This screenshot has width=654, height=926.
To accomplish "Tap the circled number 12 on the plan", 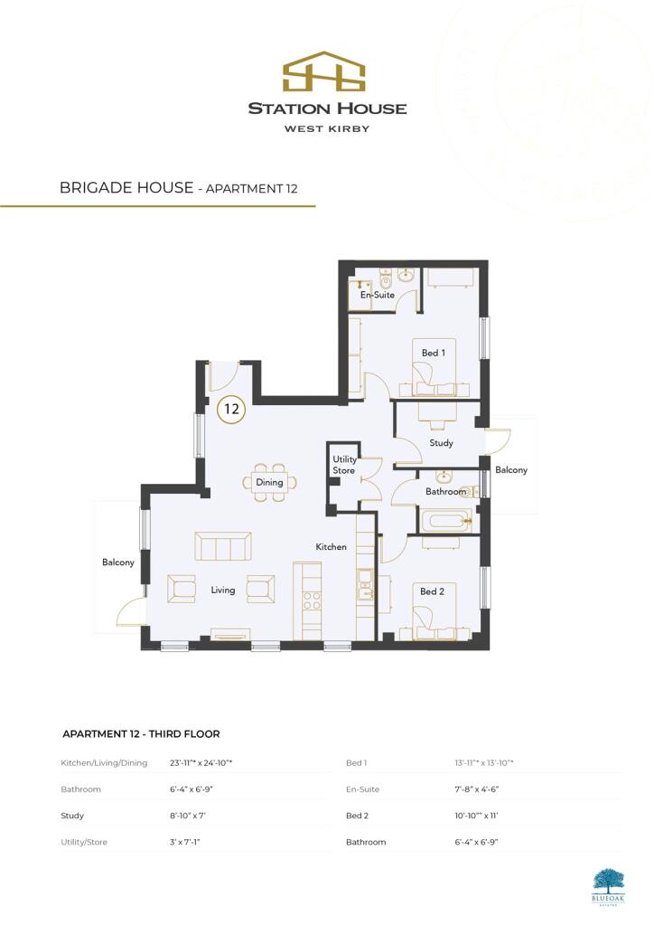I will (232, 409).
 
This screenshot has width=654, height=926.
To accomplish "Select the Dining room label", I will (269, 482).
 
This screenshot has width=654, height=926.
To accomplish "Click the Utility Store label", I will (345, 465).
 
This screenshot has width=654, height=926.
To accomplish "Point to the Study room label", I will (441, 443).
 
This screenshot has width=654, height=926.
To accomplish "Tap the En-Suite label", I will (378, 295).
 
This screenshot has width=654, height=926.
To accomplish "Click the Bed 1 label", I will (433, 353).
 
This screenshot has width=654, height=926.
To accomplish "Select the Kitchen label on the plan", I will (331, 547).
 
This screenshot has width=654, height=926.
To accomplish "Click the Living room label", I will (223, 591).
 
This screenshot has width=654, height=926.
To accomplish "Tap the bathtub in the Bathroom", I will (443, 521).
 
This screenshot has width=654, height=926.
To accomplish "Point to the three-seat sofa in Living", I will (223, 546).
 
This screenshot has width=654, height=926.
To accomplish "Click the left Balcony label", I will (118, 562).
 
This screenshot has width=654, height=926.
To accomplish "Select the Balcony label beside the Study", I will (510, 470).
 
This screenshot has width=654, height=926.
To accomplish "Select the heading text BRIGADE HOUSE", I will (126, 188).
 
